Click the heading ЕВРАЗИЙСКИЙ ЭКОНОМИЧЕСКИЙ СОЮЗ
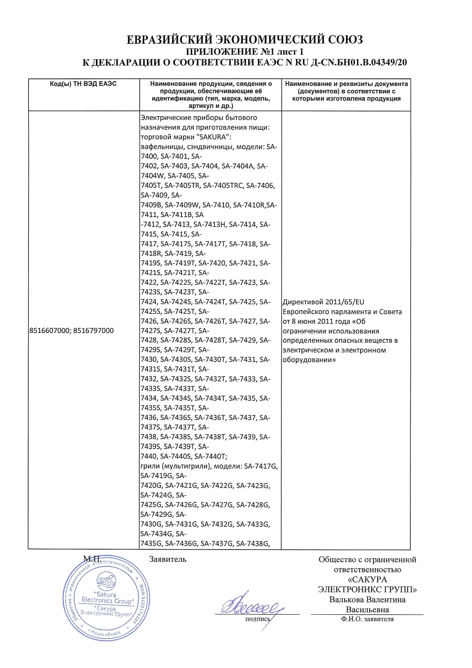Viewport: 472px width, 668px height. (244, 40)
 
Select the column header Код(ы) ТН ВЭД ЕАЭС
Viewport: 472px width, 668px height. (83, 84)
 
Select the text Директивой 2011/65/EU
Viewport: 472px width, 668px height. (323, 302)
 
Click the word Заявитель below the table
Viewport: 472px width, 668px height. (167, 559)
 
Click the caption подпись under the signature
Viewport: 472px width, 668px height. (257, 619)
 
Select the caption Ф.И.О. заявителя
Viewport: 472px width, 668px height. (367, 619)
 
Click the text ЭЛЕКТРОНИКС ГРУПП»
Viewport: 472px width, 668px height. (367, 590)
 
